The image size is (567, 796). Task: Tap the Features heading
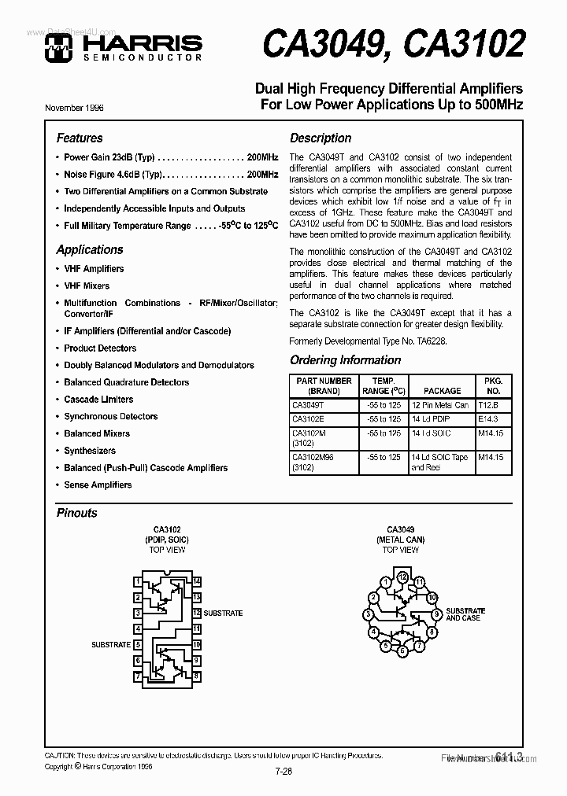pyautogui.click(x=80, y=138)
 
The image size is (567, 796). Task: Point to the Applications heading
pyautogui.click(x=90, y=249)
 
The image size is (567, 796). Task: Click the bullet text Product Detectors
pyautogui.click(x=100, y=348)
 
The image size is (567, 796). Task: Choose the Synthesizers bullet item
pyautogui.click(x=90, y=451)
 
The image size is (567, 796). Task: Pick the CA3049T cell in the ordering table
pyautogui.click(x=307, y=405)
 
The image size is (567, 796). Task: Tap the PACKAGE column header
pyautogui.click(x=442, y=390)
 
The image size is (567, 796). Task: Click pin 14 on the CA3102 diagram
pyautogui.click(x=197, y=582)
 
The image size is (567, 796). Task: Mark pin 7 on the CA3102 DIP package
pyautogui.click(x=139, y=676)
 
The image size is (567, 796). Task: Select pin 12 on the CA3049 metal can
pyautogui.click(x=402, y=577)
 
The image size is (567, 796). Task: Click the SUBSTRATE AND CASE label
pyautogui.click(x=465, y=614)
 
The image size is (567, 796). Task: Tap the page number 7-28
pyautogui.click(x=283, y=771)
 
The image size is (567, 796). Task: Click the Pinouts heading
pyautogui.click(x=77, y=513)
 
